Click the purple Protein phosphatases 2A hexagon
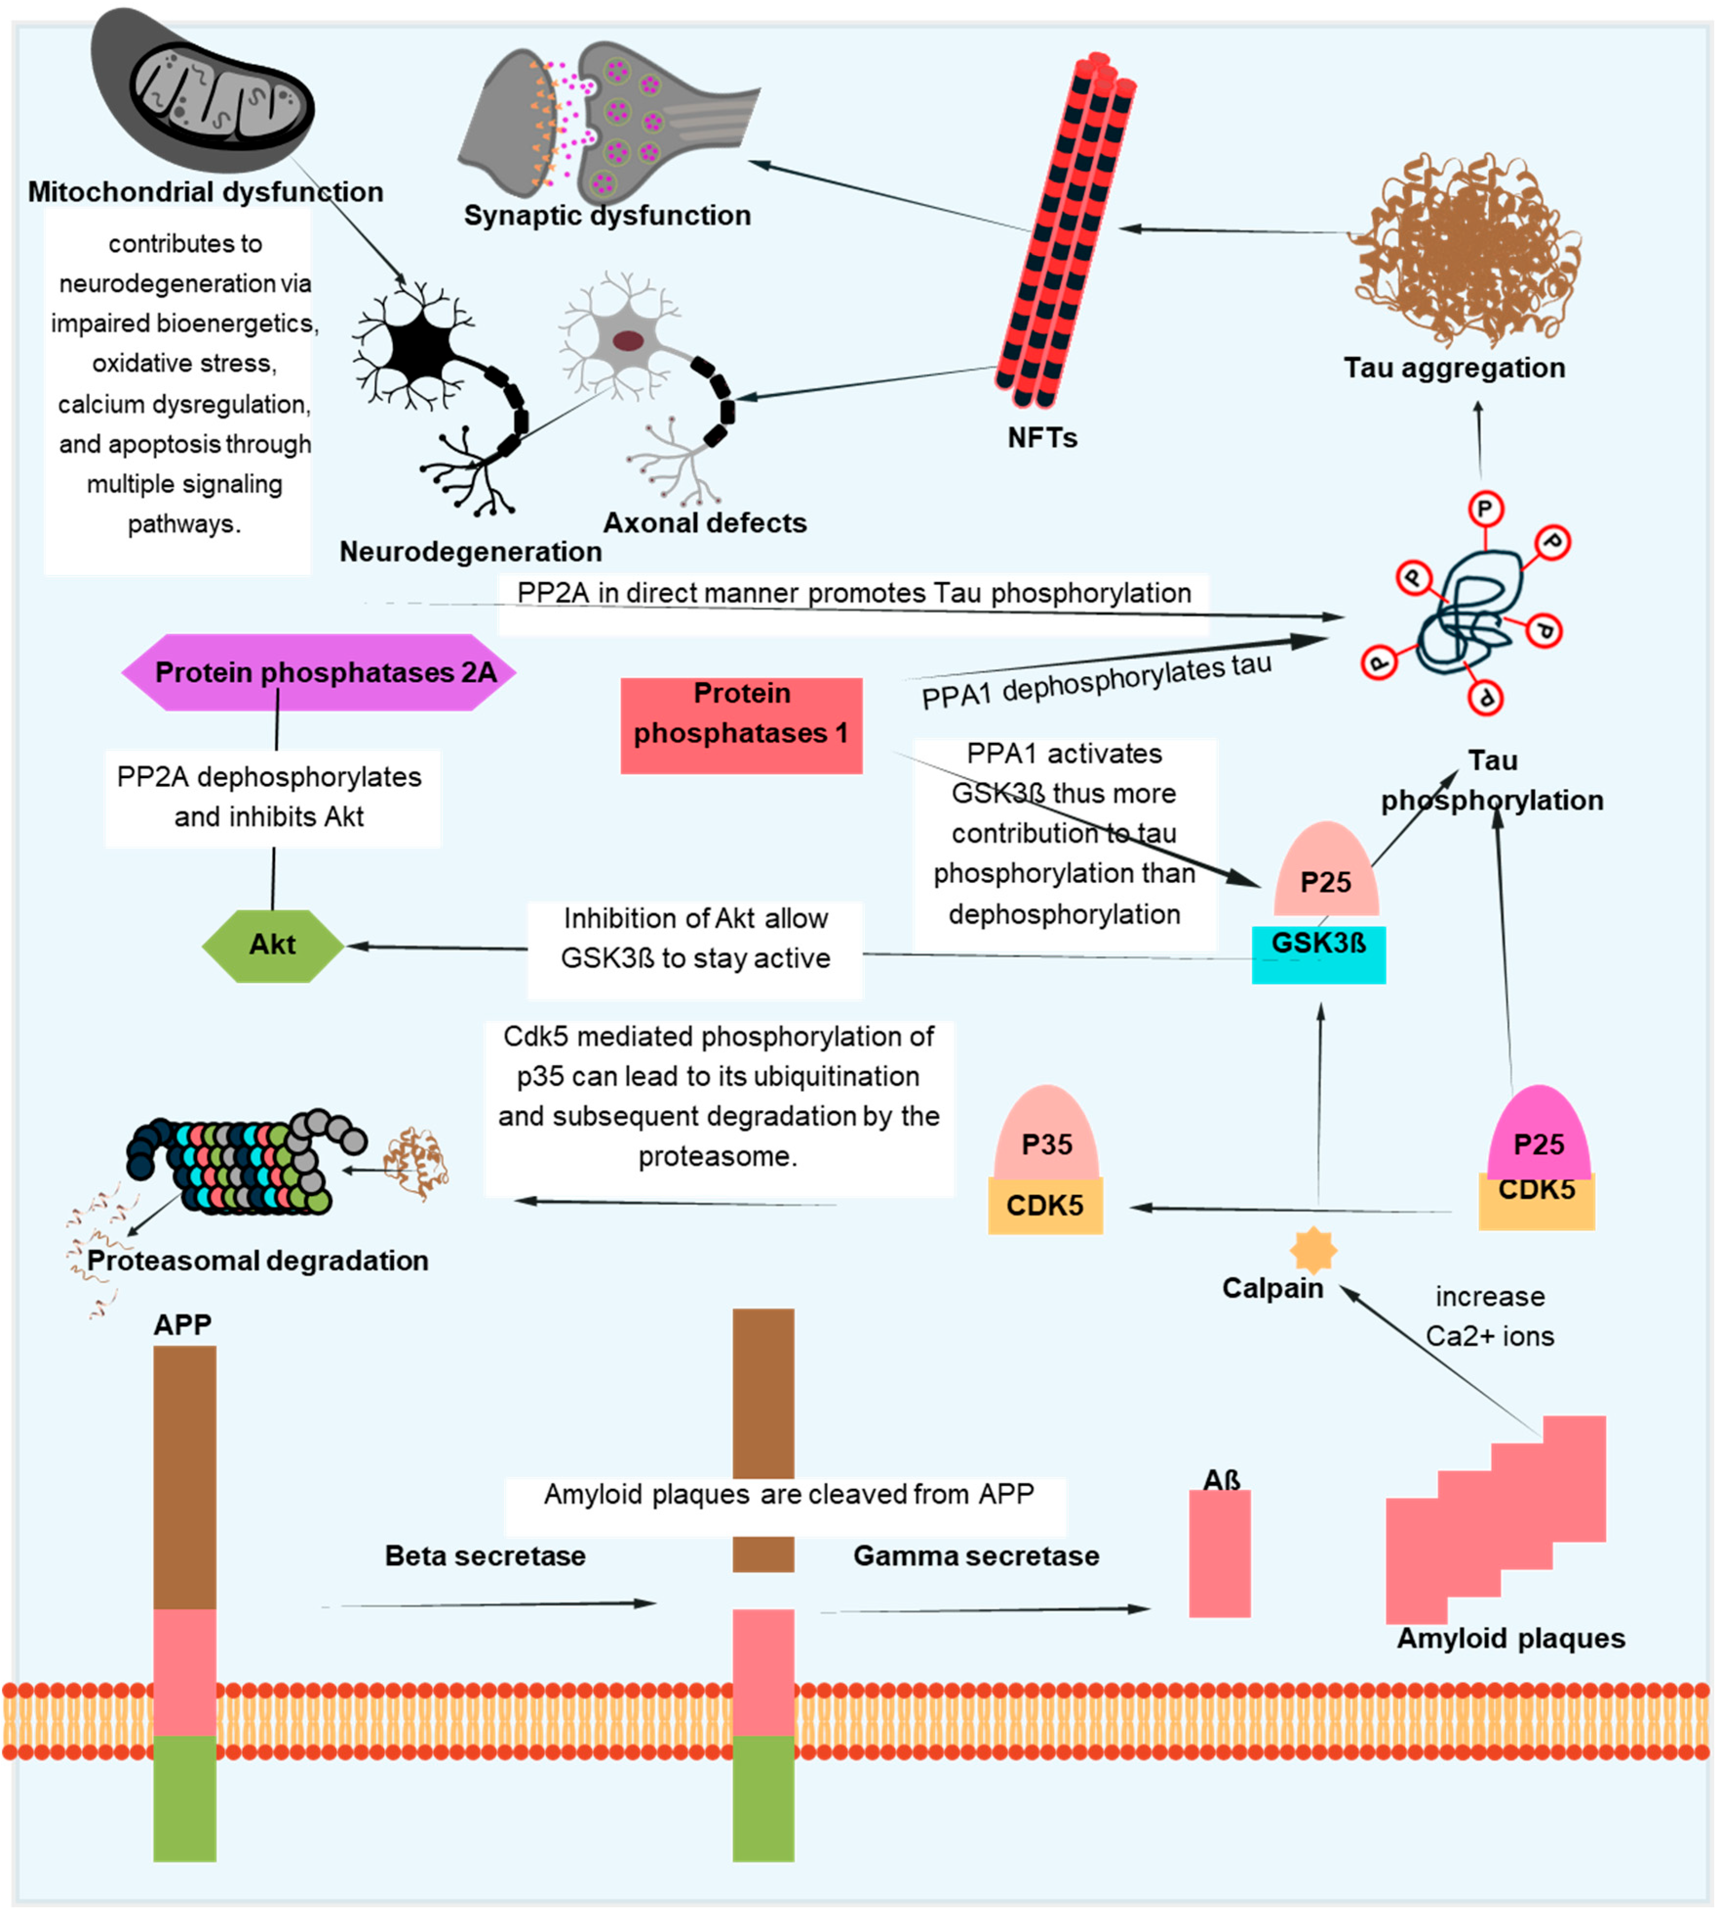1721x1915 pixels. [319, 672]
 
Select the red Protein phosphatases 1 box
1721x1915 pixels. [741, 725]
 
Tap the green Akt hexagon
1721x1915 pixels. [272, 945]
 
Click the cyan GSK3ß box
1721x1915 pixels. [1318, 955]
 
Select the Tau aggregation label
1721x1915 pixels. [1454, 368]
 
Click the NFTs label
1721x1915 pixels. [1042, 438]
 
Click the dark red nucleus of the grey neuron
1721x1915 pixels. [628, 340]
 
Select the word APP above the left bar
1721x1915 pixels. [182, 1324]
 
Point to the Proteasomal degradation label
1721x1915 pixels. [257, 1261]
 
